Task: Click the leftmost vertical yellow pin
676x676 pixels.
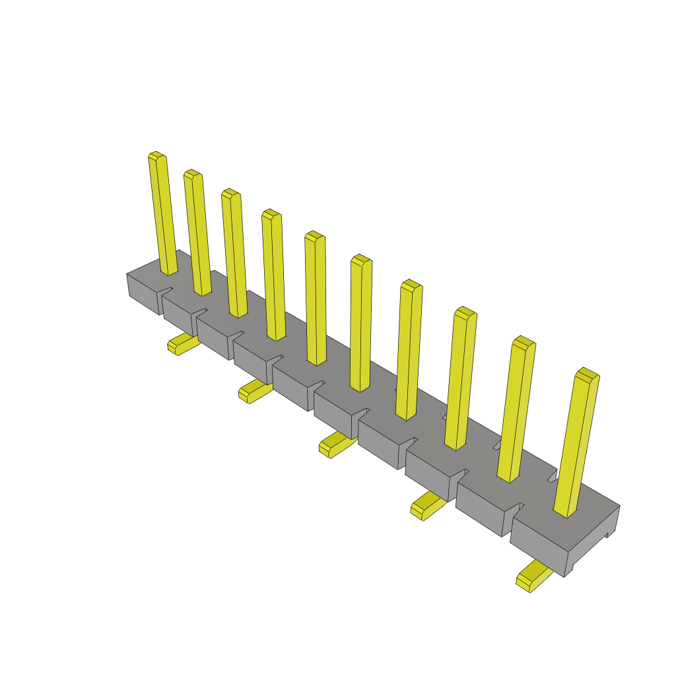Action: point(162,211)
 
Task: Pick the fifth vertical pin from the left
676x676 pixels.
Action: point(316,297)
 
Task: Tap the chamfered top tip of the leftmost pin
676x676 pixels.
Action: point(156,156)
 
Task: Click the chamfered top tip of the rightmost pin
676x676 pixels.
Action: point(587,374)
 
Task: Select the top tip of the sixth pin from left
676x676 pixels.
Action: point(361,259)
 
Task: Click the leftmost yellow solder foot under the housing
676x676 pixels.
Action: point(182,344)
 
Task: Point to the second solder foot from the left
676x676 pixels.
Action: point(254,390)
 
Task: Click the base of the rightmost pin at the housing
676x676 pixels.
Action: point(565,512)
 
